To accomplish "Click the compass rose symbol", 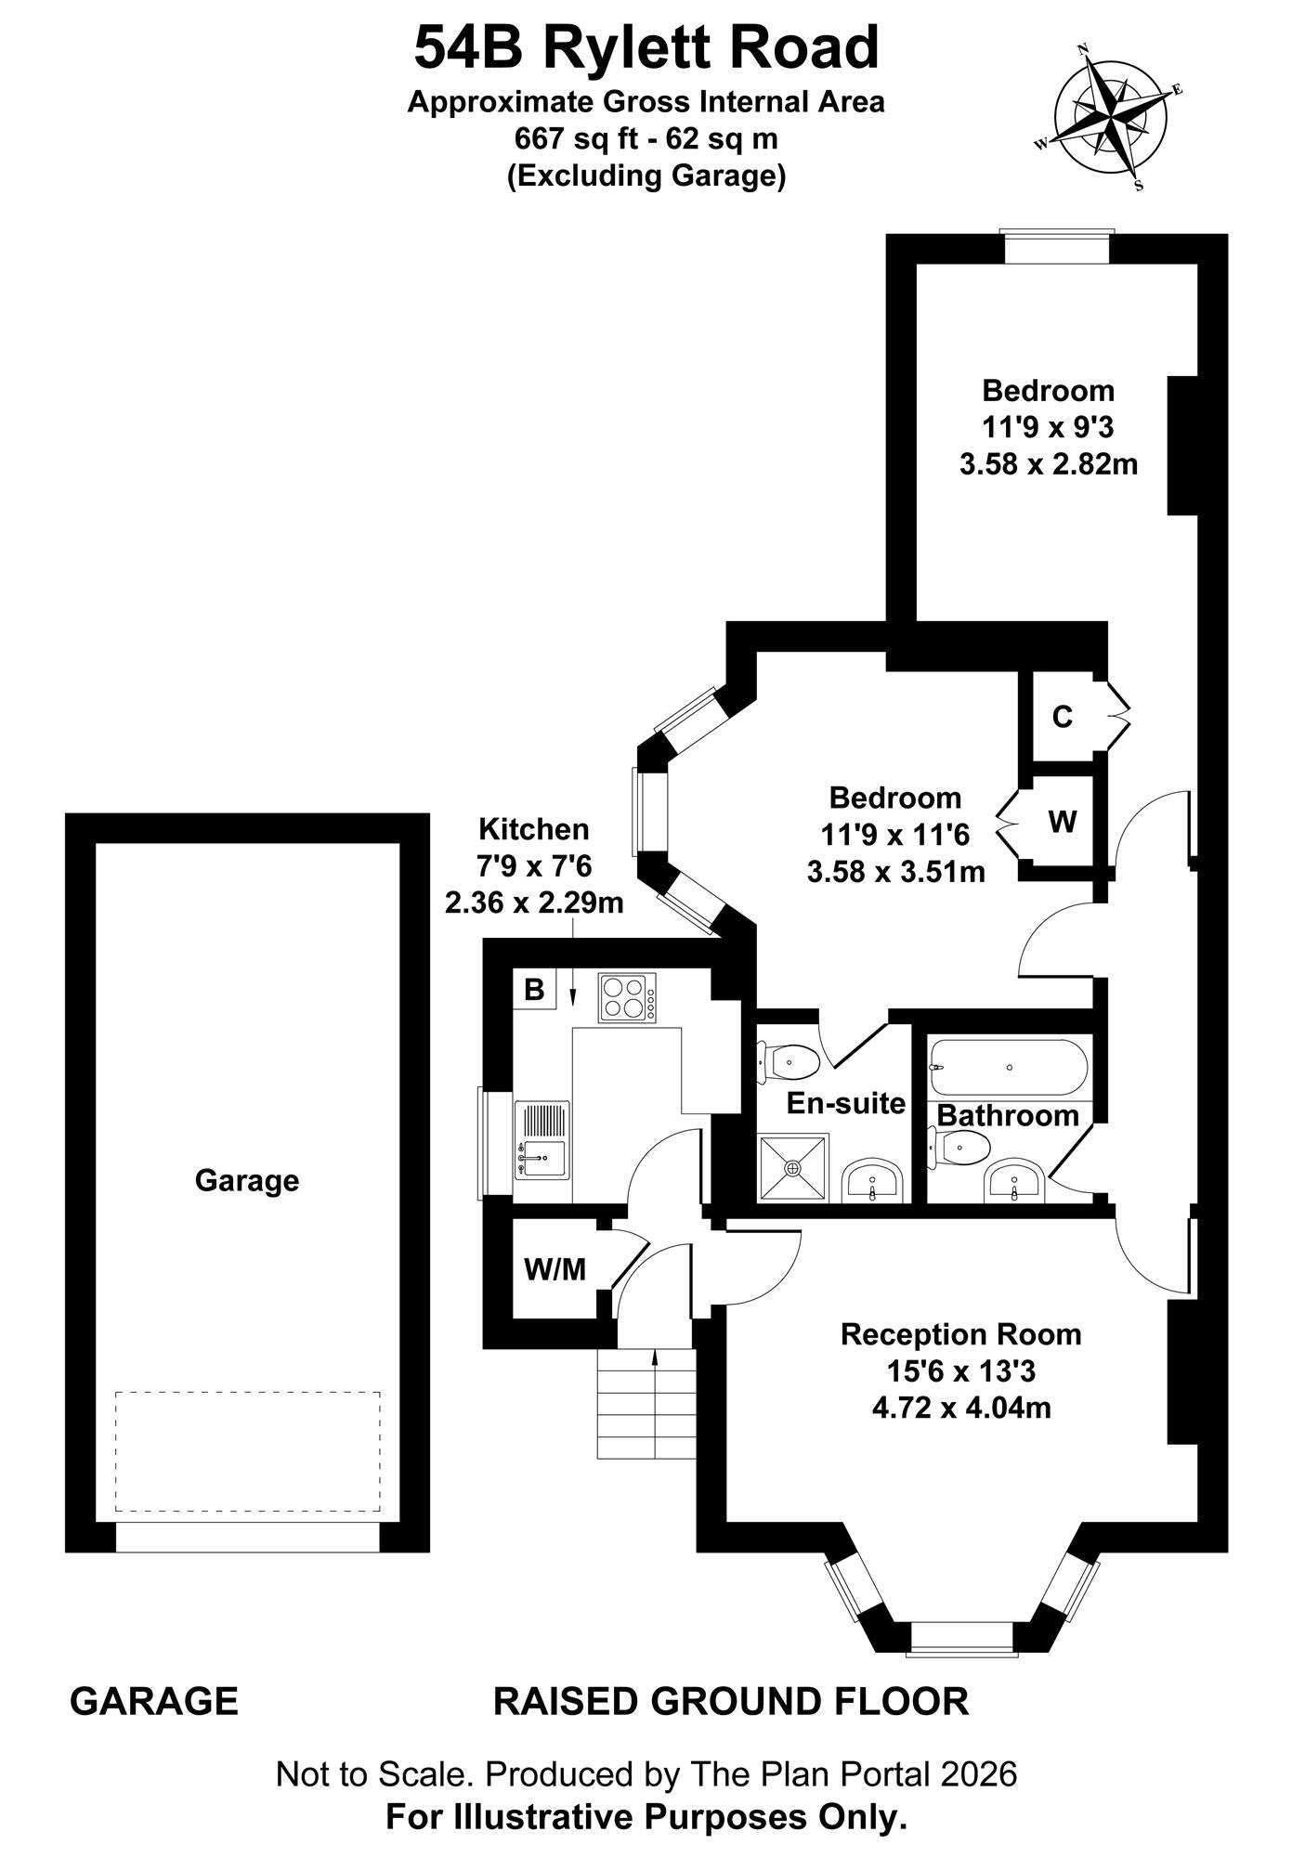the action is coord(1110,117).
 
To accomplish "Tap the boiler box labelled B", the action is coord(534,990).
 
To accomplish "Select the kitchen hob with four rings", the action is coord(627,997).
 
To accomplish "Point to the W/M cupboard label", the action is coord(555,1269).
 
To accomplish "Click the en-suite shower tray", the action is coord(793,1167).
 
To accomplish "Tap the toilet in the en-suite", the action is coord(788,1061).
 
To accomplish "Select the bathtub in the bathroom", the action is coord(1009,1068).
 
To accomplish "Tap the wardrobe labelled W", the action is coord(1063,821).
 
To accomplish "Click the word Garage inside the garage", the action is coord(247,1181).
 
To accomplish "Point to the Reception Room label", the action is coord(961,1335).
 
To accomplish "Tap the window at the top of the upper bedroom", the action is coord(1058,248).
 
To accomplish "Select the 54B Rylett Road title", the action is coord(646,47).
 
